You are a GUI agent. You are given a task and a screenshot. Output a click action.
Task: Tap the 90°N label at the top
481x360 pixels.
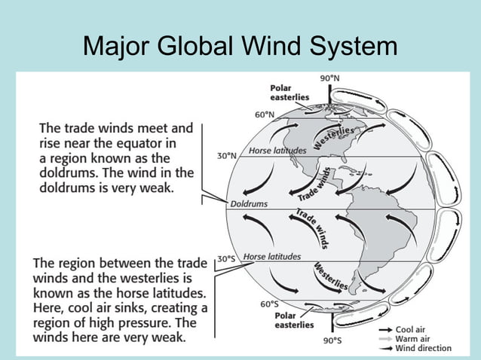(330, 78)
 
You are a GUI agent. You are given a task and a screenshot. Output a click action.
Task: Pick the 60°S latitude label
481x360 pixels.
(270, 304)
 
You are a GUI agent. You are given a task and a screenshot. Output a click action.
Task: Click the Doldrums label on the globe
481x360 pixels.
(248, 204)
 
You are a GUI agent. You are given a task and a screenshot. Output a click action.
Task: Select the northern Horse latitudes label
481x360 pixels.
(277, 150)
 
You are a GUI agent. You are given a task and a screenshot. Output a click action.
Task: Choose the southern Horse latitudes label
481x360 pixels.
(271, 256)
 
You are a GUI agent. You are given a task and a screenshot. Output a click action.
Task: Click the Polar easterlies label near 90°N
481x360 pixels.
(290, 93)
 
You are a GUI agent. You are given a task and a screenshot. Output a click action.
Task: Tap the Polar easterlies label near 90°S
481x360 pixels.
(294, 320)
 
